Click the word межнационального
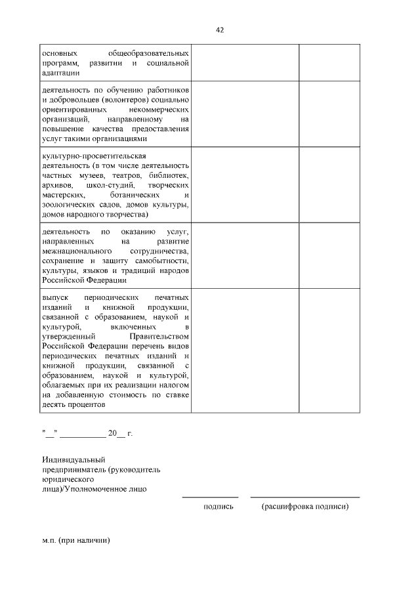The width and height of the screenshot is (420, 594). (x=73, y=251)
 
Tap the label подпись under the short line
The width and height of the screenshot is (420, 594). (x=219, y=507)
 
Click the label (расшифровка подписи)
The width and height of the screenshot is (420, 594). (x=304, y=507)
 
